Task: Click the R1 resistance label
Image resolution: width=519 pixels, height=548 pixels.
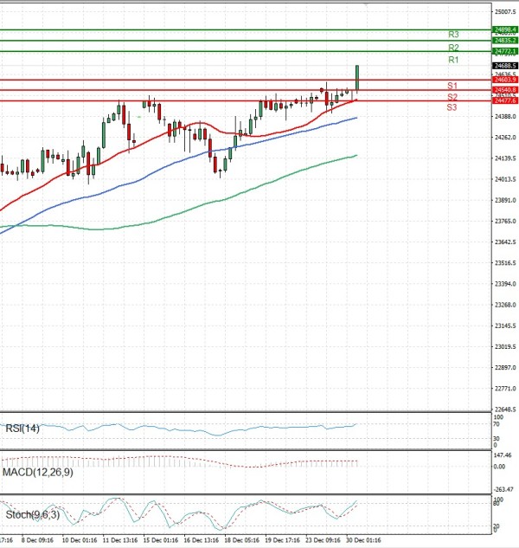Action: click(453, 61)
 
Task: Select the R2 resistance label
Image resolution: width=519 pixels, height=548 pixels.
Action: click(453, 47)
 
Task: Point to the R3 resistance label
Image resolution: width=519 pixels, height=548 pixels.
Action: click(453, 35)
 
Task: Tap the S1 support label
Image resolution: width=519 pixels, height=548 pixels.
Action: click(452, 85)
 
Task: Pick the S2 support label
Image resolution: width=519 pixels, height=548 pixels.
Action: click(452, 96)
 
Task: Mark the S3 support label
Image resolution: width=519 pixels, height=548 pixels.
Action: click(452, 107)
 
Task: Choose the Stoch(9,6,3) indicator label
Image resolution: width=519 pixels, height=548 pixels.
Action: click(30, 515)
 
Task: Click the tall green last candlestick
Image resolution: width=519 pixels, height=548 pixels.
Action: click(357, 78)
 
